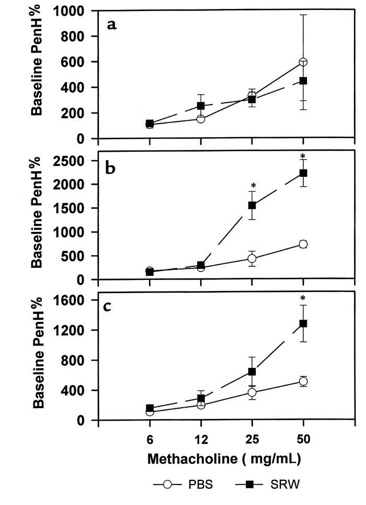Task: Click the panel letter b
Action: point(111,169)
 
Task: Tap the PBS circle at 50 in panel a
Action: point(303,62)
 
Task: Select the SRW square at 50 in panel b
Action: point(303,173)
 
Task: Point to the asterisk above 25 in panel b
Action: point(253,186)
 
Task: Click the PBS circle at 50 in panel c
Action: point(303,381)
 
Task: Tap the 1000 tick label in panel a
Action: point(72,10)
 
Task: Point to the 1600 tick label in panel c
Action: point(72,300)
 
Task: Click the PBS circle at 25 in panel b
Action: point(252,259)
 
